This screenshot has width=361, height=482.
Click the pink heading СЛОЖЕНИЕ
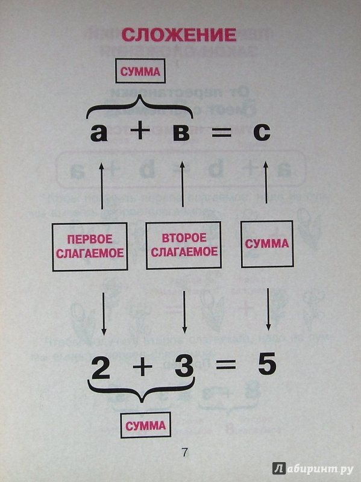(x=179, y=35)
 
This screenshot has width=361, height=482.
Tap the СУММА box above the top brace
(x=140, y=71)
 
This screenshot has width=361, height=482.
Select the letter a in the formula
(x=99, y=133)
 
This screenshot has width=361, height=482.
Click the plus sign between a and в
(x=140, y=131)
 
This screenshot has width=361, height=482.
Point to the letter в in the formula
(x=181, y=133)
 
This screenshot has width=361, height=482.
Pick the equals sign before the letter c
(x=221, y=132)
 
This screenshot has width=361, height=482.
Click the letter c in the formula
(x=262, y=133)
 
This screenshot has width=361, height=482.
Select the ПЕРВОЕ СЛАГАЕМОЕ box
(x=90, y=247)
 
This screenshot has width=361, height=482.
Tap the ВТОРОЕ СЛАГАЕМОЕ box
(x=184, y=245)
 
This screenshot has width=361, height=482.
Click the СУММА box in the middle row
(x=267, y=244)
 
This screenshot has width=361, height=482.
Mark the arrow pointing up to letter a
(x=102, y=186)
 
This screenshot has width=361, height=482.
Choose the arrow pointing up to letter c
(x=266, y=178)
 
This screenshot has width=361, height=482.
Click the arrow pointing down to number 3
(x=184, y=312)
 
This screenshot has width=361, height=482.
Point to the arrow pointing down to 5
(x=268, y=309)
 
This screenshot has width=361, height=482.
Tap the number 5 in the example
(x=267, y=365)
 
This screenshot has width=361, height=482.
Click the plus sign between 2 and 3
(x=142, y=368)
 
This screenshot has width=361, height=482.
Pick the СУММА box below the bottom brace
(x=145, y=425)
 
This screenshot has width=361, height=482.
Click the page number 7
(x=184, y=452)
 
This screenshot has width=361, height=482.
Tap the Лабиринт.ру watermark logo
(x=313, y=468)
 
